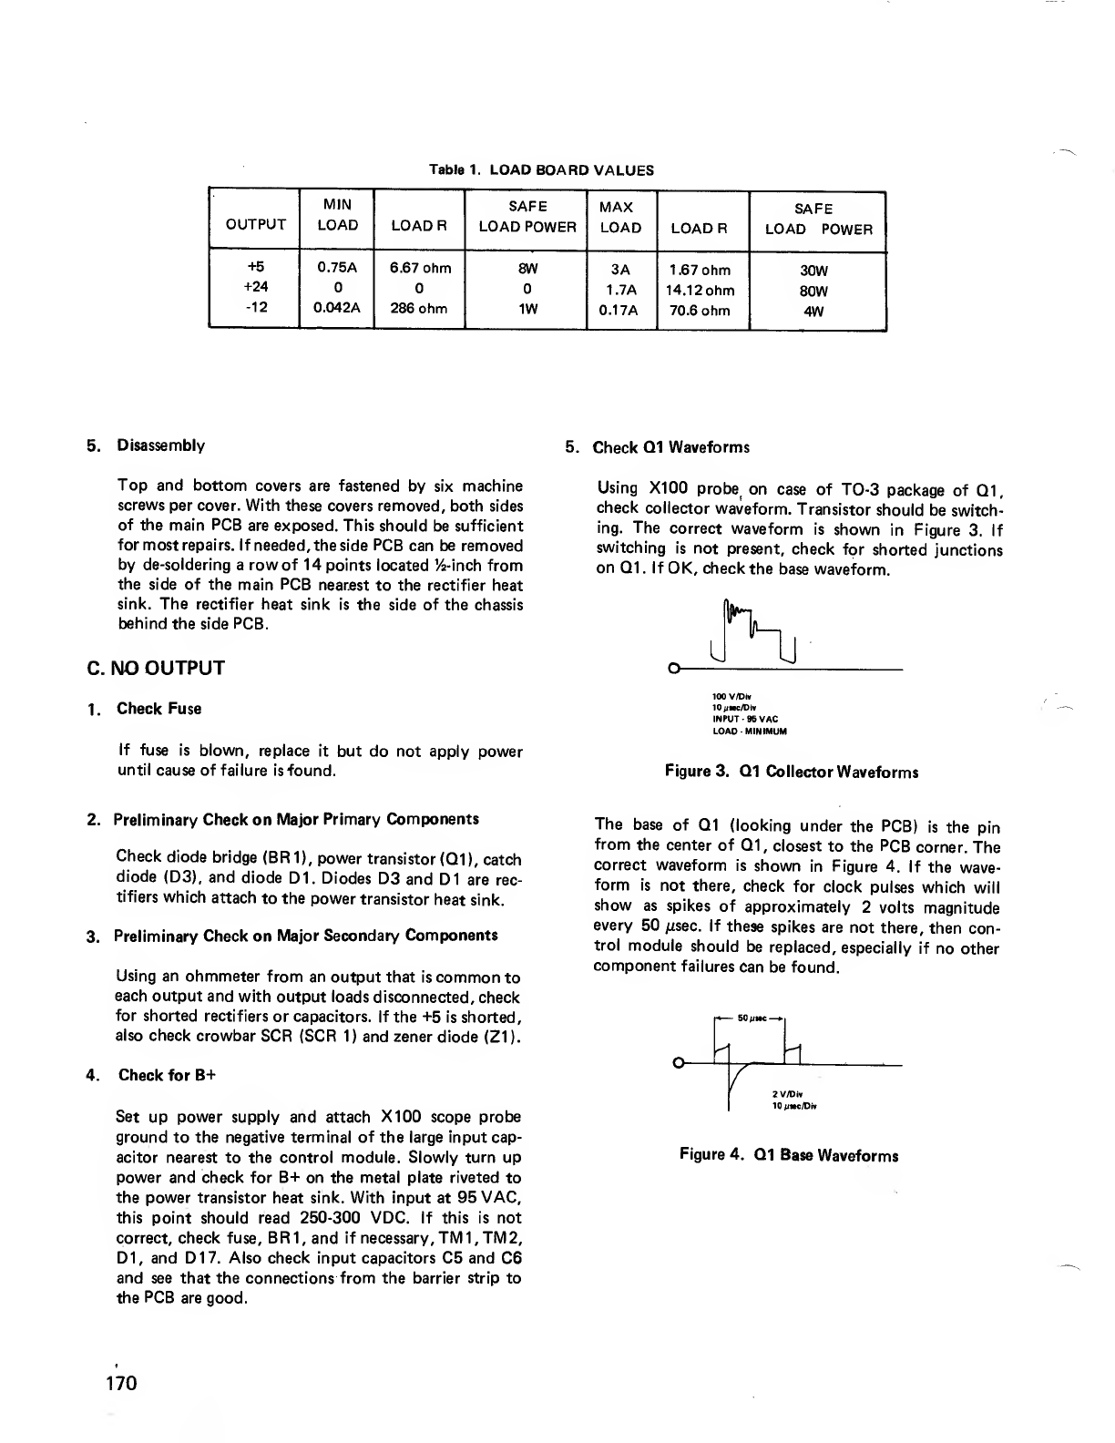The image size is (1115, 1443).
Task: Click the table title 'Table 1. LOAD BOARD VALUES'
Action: [541, 170]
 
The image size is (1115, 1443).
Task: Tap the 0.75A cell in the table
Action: [337, 269]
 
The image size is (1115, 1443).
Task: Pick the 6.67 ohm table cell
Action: [420, 269]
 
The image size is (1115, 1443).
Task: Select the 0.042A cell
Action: [337, 308]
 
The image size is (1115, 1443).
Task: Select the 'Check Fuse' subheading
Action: [159, 709]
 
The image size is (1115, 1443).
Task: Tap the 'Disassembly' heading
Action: [161, 445]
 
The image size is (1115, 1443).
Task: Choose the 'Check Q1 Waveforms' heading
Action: [670, 447]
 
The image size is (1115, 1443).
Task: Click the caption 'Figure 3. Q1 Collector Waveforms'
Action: [791, 772]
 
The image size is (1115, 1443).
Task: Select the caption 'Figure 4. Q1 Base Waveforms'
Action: [789, 1155]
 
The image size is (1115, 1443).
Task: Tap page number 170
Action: [118, 1383]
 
